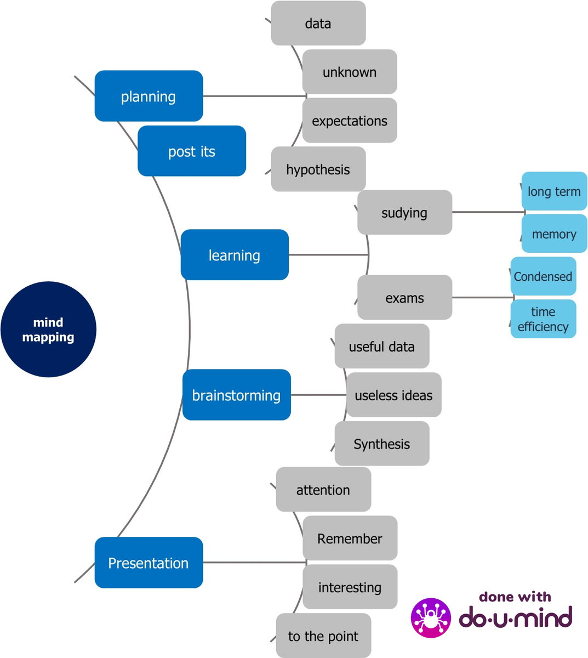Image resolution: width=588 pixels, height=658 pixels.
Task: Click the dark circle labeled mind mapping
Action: click(48, 330)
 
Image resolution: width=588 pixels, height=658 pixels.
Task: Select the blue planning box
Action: click(149, 96)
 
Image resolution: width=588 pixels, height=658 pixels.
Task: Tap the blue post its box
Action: click(191, 151)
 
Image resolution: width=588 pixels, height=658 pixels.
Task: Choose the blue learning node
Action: click(235, 255)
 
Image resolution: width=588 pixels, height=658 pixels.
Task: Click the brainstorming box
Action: click(236, 395)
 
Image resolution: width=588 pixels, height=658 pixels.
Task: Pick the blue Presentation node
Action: click(149, 563)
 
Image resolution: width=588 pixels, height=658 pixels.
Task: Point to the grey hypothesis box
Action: click(318, 169)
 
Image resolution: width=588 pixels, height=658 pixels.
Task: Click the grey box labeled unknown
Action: click(350, 72)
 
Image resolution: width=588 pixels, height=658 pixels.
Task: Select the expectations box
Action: click(350, 121)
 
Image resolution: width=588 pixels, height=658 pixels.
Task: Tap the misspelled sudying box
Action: click(404, 212)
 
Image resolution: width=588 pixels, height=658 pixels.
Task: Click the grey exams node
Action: click(404, 297)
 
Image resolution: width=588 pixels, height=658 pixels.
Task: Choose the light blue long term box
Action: click(554, 191)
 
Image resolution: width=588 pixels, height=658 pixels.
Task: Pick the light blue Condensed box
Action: click(543, 276)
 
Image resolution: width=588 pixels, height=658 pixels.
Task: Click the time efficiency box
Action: click(543, 319)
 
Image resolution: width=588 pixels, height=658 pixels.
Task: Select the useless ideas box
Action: click(393, 395)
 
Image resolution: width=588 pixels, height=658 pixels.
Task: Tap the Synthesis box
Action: click(382, 444)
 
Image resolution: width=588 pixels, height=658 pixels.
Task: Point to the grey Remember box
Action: click(350, 538)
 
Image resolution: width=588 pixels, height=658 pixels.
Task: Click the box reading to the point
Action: click(323, 636)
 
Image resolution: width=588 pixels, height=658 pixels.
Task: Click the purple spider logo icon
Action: click(431, 618)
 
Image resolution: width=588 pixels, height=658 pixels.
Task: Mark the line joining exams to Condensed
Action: click(481, 297)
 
